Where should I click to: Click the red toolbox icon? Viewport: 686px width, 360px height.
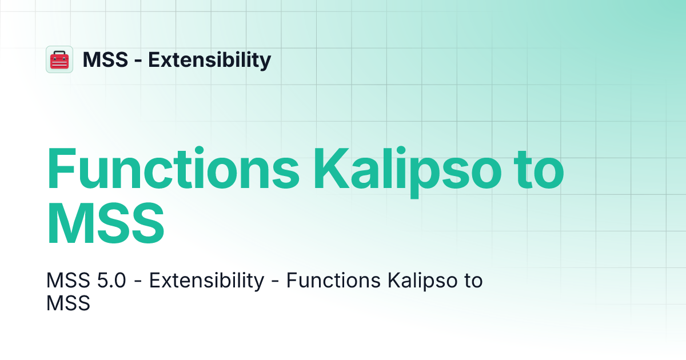(x=59, y=59)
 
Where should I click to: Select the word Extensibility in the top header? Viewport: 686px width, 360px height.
(x=210, y=59)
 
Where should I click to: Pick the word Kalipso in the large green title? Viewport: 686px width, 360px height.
(x=404, y=170)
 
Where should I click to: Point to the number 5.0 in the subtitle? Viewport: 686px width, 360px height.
(x=109, y=281)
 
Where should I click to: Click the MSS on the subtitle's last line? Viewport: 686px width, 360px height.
(x=68, y=303)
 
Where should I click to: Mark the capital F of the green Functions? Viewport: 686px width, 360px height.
(x=62, y=170)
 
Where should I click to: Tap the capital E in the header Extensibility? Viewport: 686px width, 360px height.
(x=154, y=59)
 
